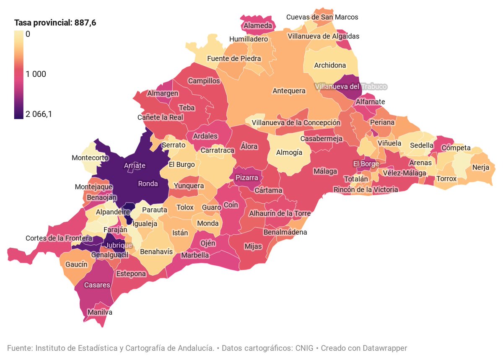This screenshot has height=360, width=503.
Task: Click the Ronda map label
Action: tap(148, 184)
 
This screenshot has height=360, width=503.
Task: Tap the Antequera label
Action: tap(289, 91)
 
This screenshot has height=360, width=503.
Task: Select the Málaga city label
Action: tap(325, 171)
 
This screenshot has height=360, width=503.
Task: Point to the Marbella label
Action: tap(195, 255)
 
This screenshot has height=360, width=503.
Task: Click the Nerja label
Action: tap(480, 168)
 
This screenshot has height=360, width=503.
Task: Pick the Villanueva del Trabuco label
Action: tap(350, 86)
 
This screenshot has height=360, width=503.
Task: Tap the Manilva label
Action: tap(100, 312)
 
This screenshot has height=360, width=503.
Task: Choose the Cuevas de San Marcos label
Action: tap(322, 17)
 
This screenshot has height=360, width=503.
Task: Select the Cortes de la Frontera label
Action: tap(59, 238)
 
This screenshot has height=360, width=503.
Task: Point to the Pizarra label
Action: tap(246, 178)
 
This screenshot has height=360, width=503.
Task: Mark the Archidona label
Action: tap(330, 65)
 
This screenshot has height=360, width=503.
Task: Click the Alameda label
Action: tap(257, 26)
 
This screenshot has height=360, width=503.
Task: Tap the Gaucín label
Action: tap(77, 264)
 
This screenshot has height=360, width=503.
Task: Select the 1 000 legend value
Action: tap(36, 74)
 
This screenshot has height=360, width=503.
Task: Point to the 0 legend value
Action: tap(28, 34)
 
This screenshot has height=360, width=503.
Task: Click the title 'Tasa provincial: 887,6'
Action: tap(55, 23)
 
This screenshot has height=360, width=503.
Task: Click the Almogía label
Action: tap(289, 153)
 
